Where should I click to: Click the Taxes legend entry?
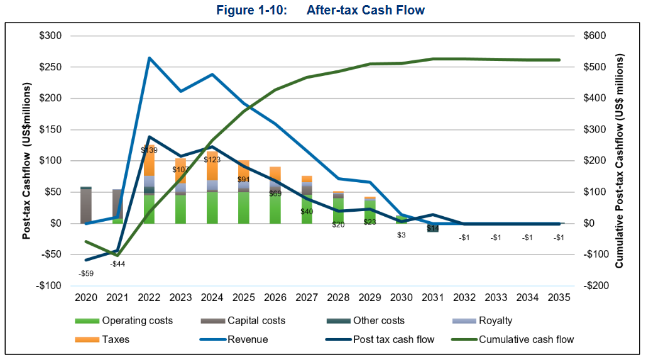116,340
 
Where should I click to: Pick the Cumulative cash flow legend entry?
526,340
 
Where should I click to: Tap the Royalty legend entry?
496,320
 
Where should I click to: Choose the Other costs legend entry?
379,320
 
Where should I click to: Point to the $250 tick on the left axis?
50,67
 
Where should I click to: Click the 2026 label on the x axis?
275,297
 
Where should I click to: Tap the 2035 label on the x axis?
559,297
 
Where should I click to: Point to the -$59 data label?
86,273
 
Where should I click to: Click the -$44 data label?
118,264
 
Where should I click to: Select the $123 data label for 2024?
212,160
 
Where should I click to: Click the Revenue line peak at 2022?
150,58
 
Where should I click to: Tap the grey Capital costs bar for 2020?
86,206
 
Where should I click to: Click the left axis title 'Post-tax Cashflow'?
27,161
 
